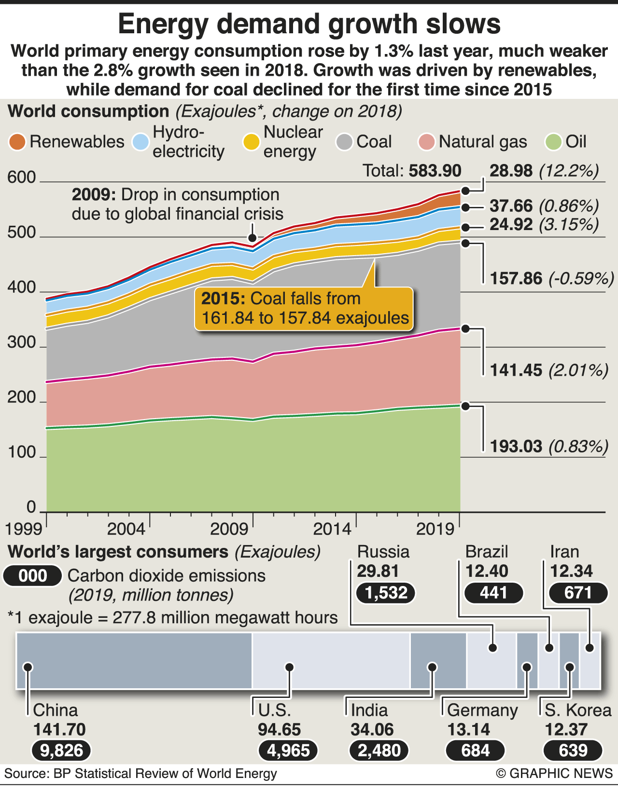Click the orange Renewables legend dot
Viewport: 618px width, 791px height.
[x=17, y=142]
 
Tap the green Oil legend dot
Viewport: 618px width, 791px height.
[x=553, y=142]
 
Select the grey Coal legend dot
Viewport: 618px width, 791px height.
[x=345, y=142]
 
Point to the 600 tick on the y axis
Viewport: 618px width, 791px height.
[x=22, y=177]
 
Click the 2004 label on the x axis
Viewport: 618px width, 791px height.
[x=126, y=529]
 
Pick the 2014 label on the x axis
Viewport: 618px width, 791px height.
[x=332, y=529]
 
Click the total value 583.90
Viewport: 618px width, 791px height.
[x=435, y=171]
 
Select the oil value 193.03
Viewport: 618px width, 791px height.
[x=516, y=446]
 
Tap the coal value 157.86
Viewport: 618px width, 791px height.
[x=516, y=278]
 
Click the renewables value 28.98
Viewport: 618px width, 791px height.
[x=511, y=171]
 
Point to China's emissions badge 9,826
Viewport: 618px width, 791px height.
[x=61, y=750]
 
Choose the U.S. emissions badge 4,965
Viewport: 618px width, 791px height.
[x=288, y=750]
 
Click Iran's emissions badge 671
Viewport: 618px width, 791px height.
[x=578, y=592]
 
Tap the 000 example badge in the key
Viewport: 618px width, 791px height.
[x=33, y=576]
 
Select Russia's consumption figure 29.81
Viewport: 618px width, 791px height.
[x=378, y=571]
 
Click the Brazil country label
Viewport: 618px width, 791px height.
[x=487, y=552]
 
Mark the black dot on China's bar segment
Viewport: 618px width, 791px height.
[x=28, y=667]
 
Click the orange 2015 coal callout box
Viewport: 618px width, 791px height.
[x=305, y=309]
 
